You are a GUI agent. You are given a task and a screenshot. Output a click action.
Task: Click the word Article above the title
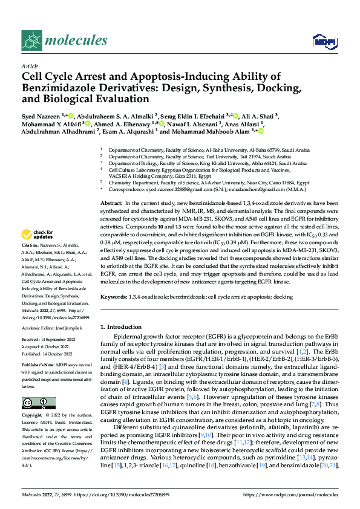(30, 66)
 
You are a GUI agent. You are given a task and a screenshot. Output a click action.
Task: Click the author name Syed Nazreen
(41, 115)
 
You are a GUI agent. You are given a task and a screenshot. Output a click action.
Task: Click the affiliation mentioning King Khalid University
(205, 163)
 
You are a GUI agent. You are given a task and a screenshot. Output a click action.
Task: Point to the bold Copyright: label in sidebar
(33, 416)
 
